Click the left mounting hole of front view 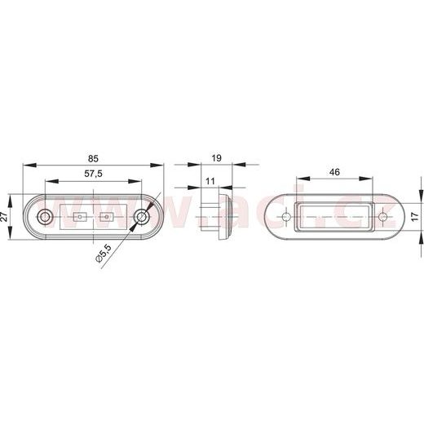click(x=46, y=217)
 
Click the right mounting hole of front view click(x=144, y=217)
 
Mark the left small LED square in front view click(x=80, y=218)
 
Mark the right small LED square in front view click(x=107, y=218)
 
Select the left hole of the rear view click(x=286, y=217)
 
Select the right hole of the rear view click(x=383, y=217)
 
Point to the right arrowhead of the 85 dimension click(x=161, y=163)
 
